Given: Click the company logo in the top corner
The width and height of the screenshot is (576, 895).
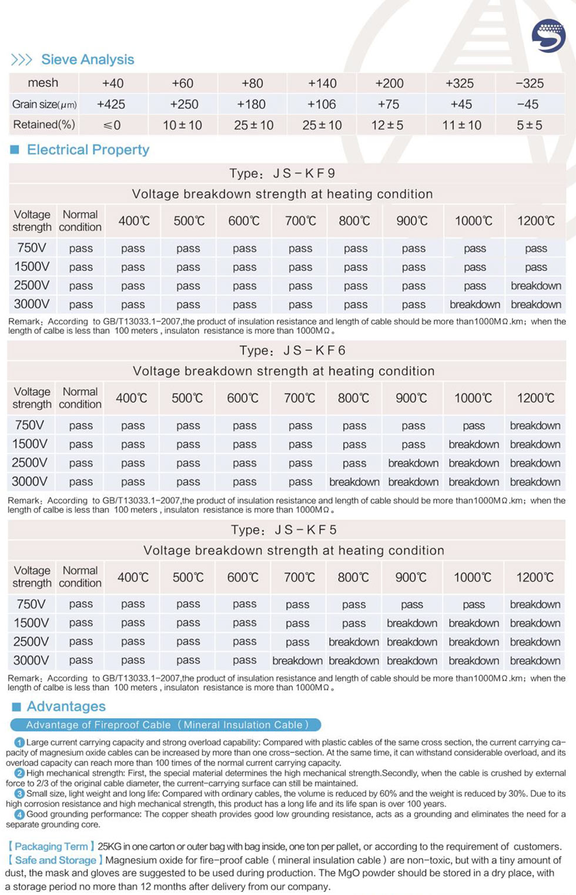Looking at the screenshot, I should tap(548, 36).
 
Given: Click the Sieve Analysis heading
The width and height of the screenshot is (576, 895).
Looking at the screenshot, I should tap(87, 59).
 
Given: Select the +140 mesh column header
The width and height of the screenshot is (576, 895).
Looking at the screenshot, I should tap(322, 83).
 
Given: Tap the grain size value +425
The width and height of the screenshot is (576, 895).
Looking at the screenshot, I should tap(111, 104).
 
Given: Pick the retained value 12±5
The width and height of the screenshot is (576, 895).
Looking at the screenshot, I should tap(387, 125).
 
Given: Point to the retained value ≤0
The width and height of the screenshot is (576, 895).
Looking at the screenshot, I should tap(112, 125).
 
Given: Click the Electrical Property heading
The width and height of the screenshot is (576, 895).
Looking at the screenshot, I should tap(88, 150).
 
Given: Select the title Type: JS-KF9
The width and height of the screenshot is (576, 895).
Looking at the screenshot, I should tap(282, 173).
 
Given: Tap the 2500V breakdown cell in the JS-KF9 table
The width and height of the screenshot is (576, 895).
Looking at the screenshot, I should tap(535, 286).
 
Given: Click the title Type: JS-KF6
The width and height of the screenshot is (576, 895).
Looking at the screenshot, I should tap(292, 351).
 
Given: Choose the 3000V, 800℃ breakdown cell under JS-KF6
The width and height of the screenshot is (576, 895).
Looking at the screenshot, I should tap(354, 482).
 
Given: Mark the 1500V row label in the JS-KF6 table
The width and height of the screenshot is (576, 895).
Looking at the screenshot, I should tap(29, 444).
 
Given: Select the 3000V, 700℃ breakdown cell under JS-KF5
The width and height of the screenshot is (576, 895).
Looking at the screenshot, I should tap(297, 661).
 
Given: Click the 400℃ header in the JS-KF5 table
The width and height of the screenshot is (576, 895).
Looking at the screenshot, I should tap(133, 577).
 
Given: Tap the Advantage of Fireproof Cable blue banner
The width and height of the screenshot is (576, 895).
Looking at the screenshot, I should tap(166, 725).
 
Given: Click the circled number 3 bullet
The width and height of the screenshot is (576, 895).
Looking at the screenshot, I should tap(21, 794).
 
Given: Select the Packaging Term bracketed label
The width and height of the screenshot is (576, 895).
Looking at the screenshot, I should tap(51, 846).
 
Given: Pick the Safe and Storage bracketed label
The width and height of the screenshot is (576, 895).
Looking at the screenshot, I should tap(55, 860).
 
